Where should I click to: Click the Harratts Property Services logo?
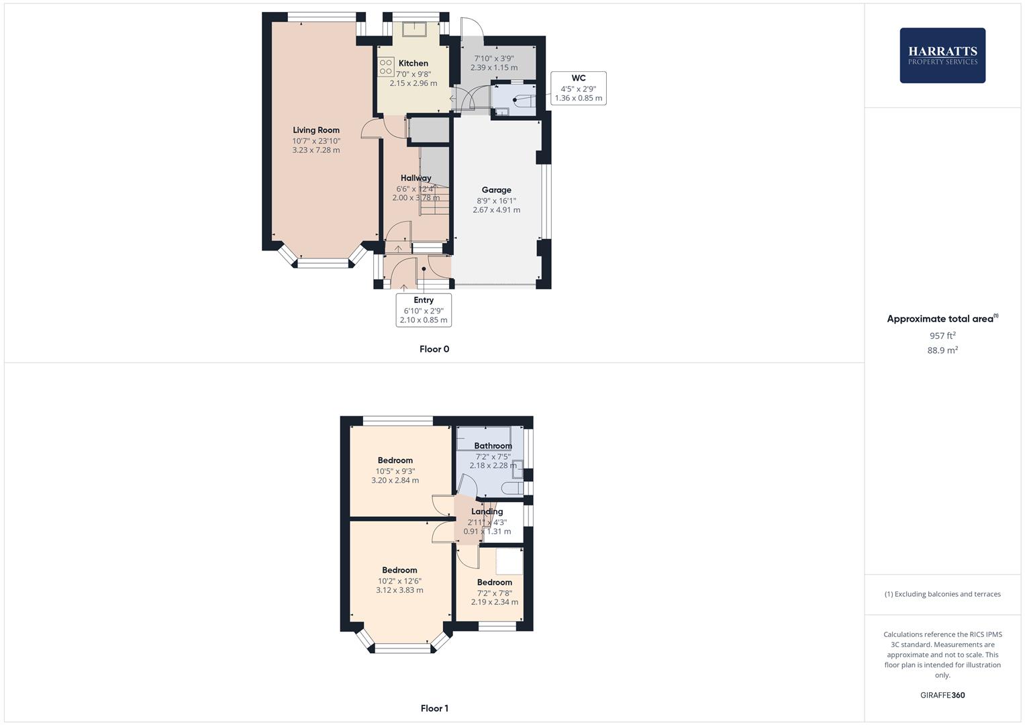pyautogui.click(x=942, y=55)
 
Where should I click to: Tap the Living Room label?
pyautogui.click(x=316, y=130)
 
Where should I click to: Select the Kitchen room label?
pyautogui.click(x=413, y=63)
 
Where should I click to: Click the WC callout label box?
pyautogui.click(x=578, y=88)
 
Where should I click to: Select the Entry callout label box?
pyautogui.click(x=424, y=310)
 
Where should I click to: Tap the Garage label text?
pyautogui.click(x=496, y=190)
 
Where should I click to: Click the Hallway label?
pyautogui.click(x=416, y=178)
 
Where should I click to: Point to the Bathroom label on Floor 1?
pyautogui.click(x=493, y=446)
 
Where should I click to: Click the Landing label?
pyautogui.click(x=487, y=512)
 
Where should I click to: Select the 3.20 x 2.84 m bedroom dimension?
pyautogui.click(x=395, y=481)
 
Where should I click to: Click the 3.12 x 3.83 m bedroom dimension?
pyautogui.click(x=399, y=591)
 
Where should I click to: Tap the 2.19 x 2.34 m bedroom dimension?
pyautogui.click(x=494, y=602)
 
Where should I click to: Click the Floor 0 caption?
pyautogui.click(x=434, y=349)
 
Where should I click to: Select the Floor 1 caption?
pyautogui.click(x=434, y=708)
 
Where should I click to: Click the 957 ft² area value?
pyautogui.click(x=942, y=336)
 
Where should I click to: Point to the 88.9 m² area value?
pyautogui.click(x=942, y=350)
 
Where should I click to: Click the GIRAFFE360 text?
pyautogui.click(x=942, y=695)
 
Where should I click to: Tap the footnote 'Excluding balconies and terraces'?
pyautogui.click(x=942, y=594)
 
